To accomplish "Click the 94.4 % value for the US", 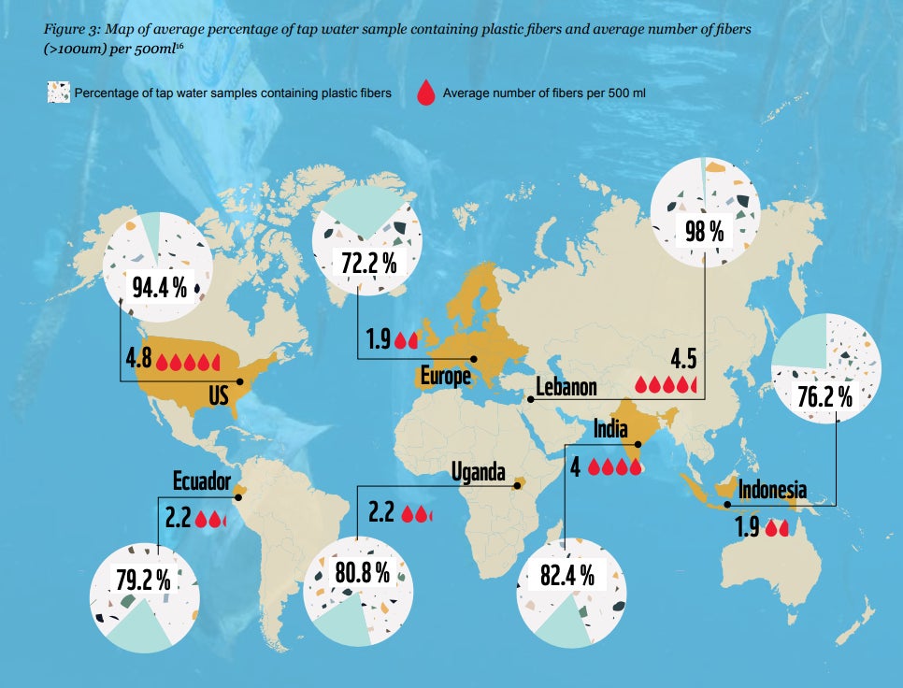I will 159,285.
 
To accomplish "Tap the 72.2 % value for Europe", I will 368,263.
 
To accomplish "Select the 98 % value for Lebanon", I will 705,230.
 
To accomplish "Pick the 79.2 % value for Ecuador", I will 143,580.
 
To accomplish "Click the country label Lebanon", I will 566,388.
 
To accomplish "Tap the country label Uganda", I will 478,470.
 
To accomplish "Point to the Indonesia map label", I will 772,490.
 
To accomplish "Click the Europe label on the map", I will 444,377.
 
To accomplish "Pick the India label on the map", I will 609,430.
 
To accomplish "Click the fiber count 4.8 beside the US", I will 137,360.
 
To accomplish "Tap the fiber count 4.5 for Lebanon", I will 684,360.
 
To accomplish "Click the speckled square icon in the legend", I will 59,93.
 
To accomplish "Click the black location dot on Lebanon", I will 530,399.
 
